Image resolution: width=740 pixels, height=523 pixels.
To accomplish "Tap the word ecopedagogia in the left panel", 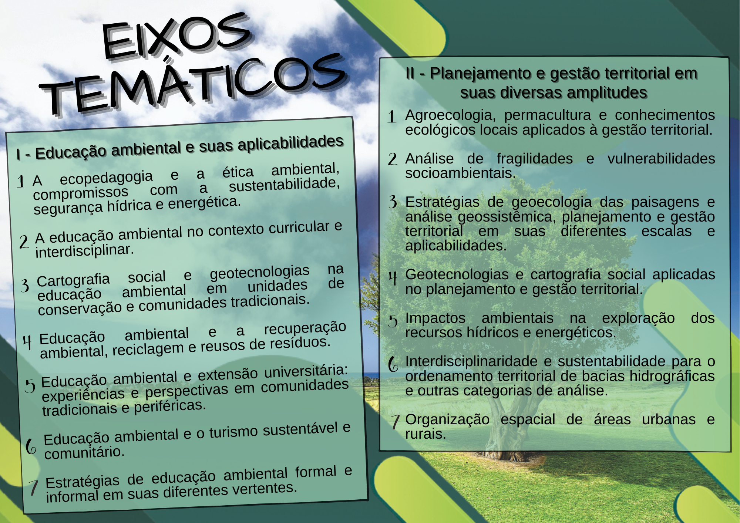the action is tap(107, 178).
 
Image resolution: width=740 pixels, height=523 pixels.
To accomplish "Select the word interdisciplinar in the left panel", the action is tap(85, 251).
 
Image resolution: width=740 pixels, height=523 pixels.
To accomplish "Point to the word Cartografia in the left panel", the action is tap(73, 280).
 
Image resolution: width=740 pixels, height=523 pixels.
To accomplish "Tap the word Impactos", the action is tap(435, 318).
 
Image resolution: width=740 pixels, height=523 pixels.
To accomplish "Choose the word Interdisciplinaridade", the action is tap(471, 361).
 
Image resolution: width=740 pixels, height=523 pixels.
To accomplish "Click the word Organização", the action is tap(447, 420).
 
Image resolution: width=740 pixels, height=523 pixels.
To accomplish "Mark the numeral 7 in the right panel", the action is tap(396, 421).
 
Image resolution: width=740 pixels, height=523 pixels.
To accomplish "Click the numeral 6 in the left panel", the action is tap(31, 446).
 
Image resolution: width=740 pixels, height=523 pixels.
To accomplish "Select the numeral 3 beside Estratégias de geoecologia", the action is tap(393, 202).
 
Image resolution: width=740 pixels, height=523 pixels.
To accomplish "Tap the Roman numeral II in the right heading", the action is tap(410, 73).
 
